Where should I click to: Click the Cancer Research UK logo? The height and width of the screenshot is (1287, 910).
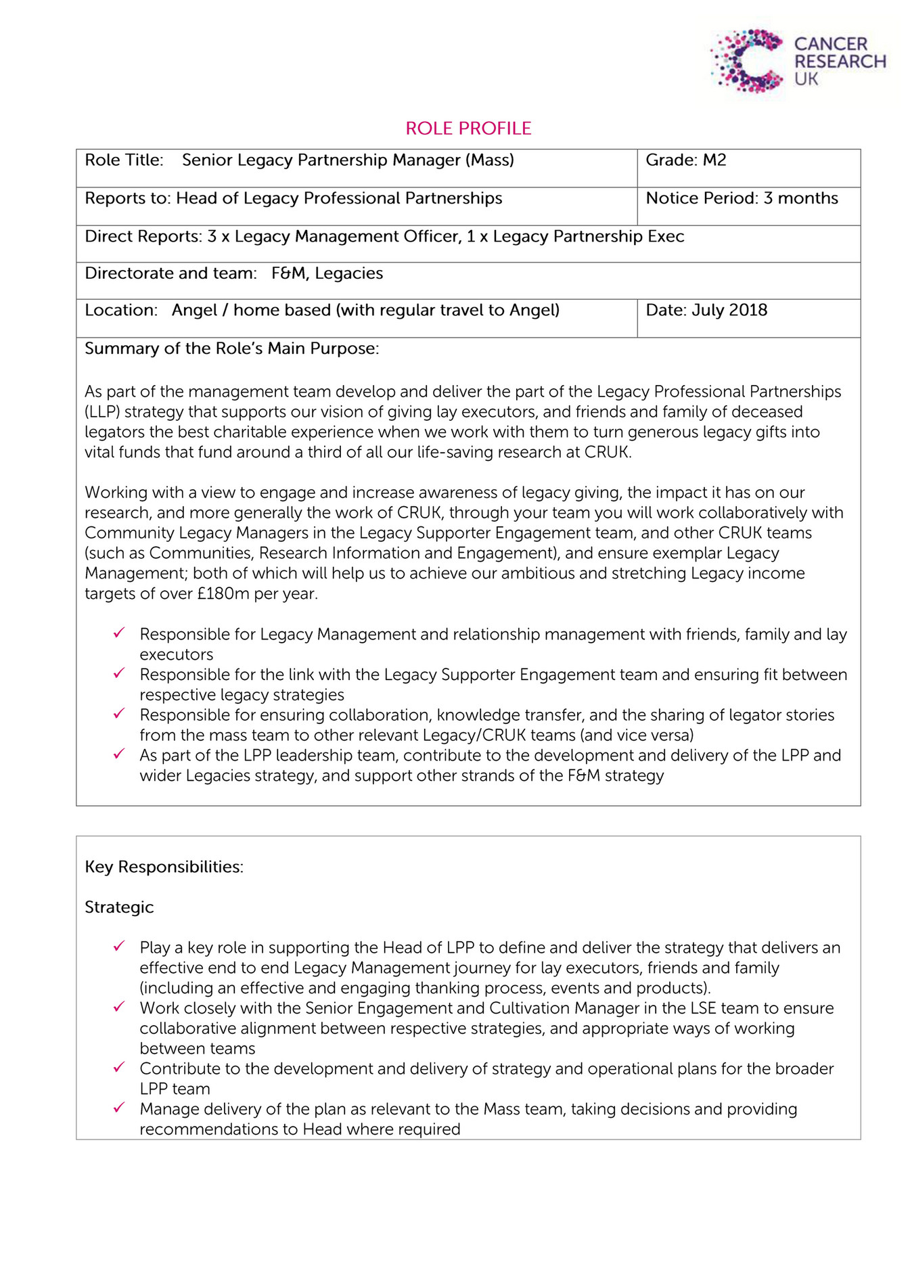pos(797,61)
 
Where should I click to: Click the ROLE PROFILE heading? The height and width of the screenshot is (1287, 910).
pos(468,129)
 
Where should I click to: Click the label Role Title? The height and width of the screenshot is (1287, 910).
pos(124,160)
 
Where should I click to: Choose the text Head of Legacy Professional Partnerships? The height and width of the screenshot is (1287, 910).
pos(339,198)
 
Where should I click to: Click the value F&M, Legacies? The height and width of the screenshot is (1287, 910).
pos(327,273)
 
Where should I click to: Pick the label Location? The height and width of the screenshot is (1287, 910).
pos(120,311)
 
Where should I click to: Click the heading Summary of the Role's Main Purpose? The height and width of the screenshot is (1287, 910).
pos(231,348)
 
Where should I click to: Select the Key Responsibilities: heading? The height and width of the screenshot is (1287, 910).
pos(164,867)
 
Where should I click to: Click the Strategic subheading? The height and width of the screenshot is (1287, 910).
pos(119,907)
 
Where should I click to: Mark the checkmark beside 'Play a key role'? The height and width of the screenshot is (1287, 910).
pos(119,947)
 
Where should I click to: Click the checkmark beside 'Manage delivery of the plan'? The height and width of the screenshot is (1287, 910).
pos(119,1108)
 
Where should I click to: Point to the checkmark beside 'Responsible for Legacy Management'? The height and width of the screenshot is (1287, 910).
pos(119,633)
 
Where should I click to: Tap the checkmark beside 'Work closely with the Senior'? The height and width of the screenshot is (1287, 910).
pos(119,1007)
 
